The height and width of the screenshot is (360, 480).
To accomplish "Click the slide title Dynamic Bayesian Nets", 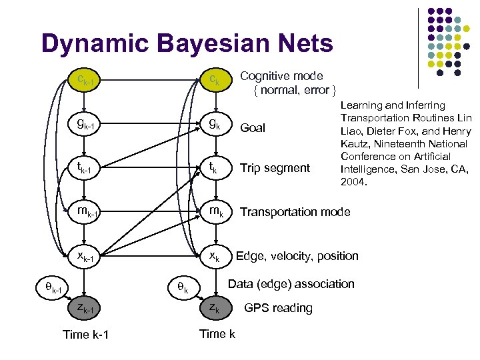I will tap(187, 44).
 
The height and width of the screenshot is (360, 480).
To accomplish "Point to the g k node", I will tap(215, 124).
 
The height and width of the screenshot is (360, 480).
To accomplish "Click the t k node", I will tap(215, 167).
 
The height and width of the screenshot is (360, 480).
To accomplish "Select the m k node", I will tap(215, 211).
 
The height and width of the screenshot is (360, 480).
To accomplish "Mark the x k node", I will tap(215, 256).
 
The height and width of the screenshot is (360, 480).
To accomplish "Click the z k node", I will tap(215, 308).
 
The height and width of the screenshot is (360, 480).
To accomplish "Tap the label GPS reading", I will tap(278, 308).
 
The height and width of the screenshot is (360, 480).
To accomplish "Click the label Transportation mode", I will tap(295, 212).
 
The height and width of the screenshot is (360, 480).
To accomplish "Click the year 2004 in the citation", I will tap(353, 181).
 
